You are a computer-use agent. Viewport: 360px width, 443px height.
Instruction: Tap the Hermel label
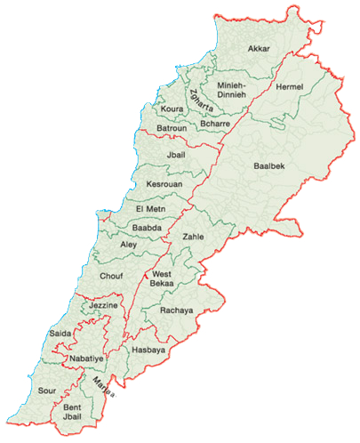click(290, 87)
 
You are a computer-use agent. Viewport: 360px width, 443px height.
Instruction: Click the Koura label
click(172, 109)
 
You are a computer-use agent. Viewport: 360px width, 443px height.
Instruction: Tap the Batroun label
click(172, 129)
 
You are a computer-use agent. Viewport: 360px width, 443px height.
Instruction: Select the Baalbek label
click(268, 166)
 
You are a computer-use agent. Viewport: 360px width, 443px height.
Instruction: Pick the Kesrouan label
click(164, 185)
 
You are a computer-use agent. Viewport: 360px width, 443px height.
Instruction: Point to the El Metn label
click(150, 209)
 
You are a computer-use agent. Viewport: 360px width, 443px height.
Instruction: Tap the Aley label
click(128, 244)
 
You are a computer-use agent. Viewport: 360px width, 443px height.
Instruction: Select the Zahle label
click(193, 238)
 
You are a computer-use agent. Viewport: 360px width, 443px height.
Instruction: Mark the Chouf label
click(111, 277)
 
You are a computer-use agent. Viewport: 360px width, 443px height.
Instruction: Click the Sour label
click(47, 390)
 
